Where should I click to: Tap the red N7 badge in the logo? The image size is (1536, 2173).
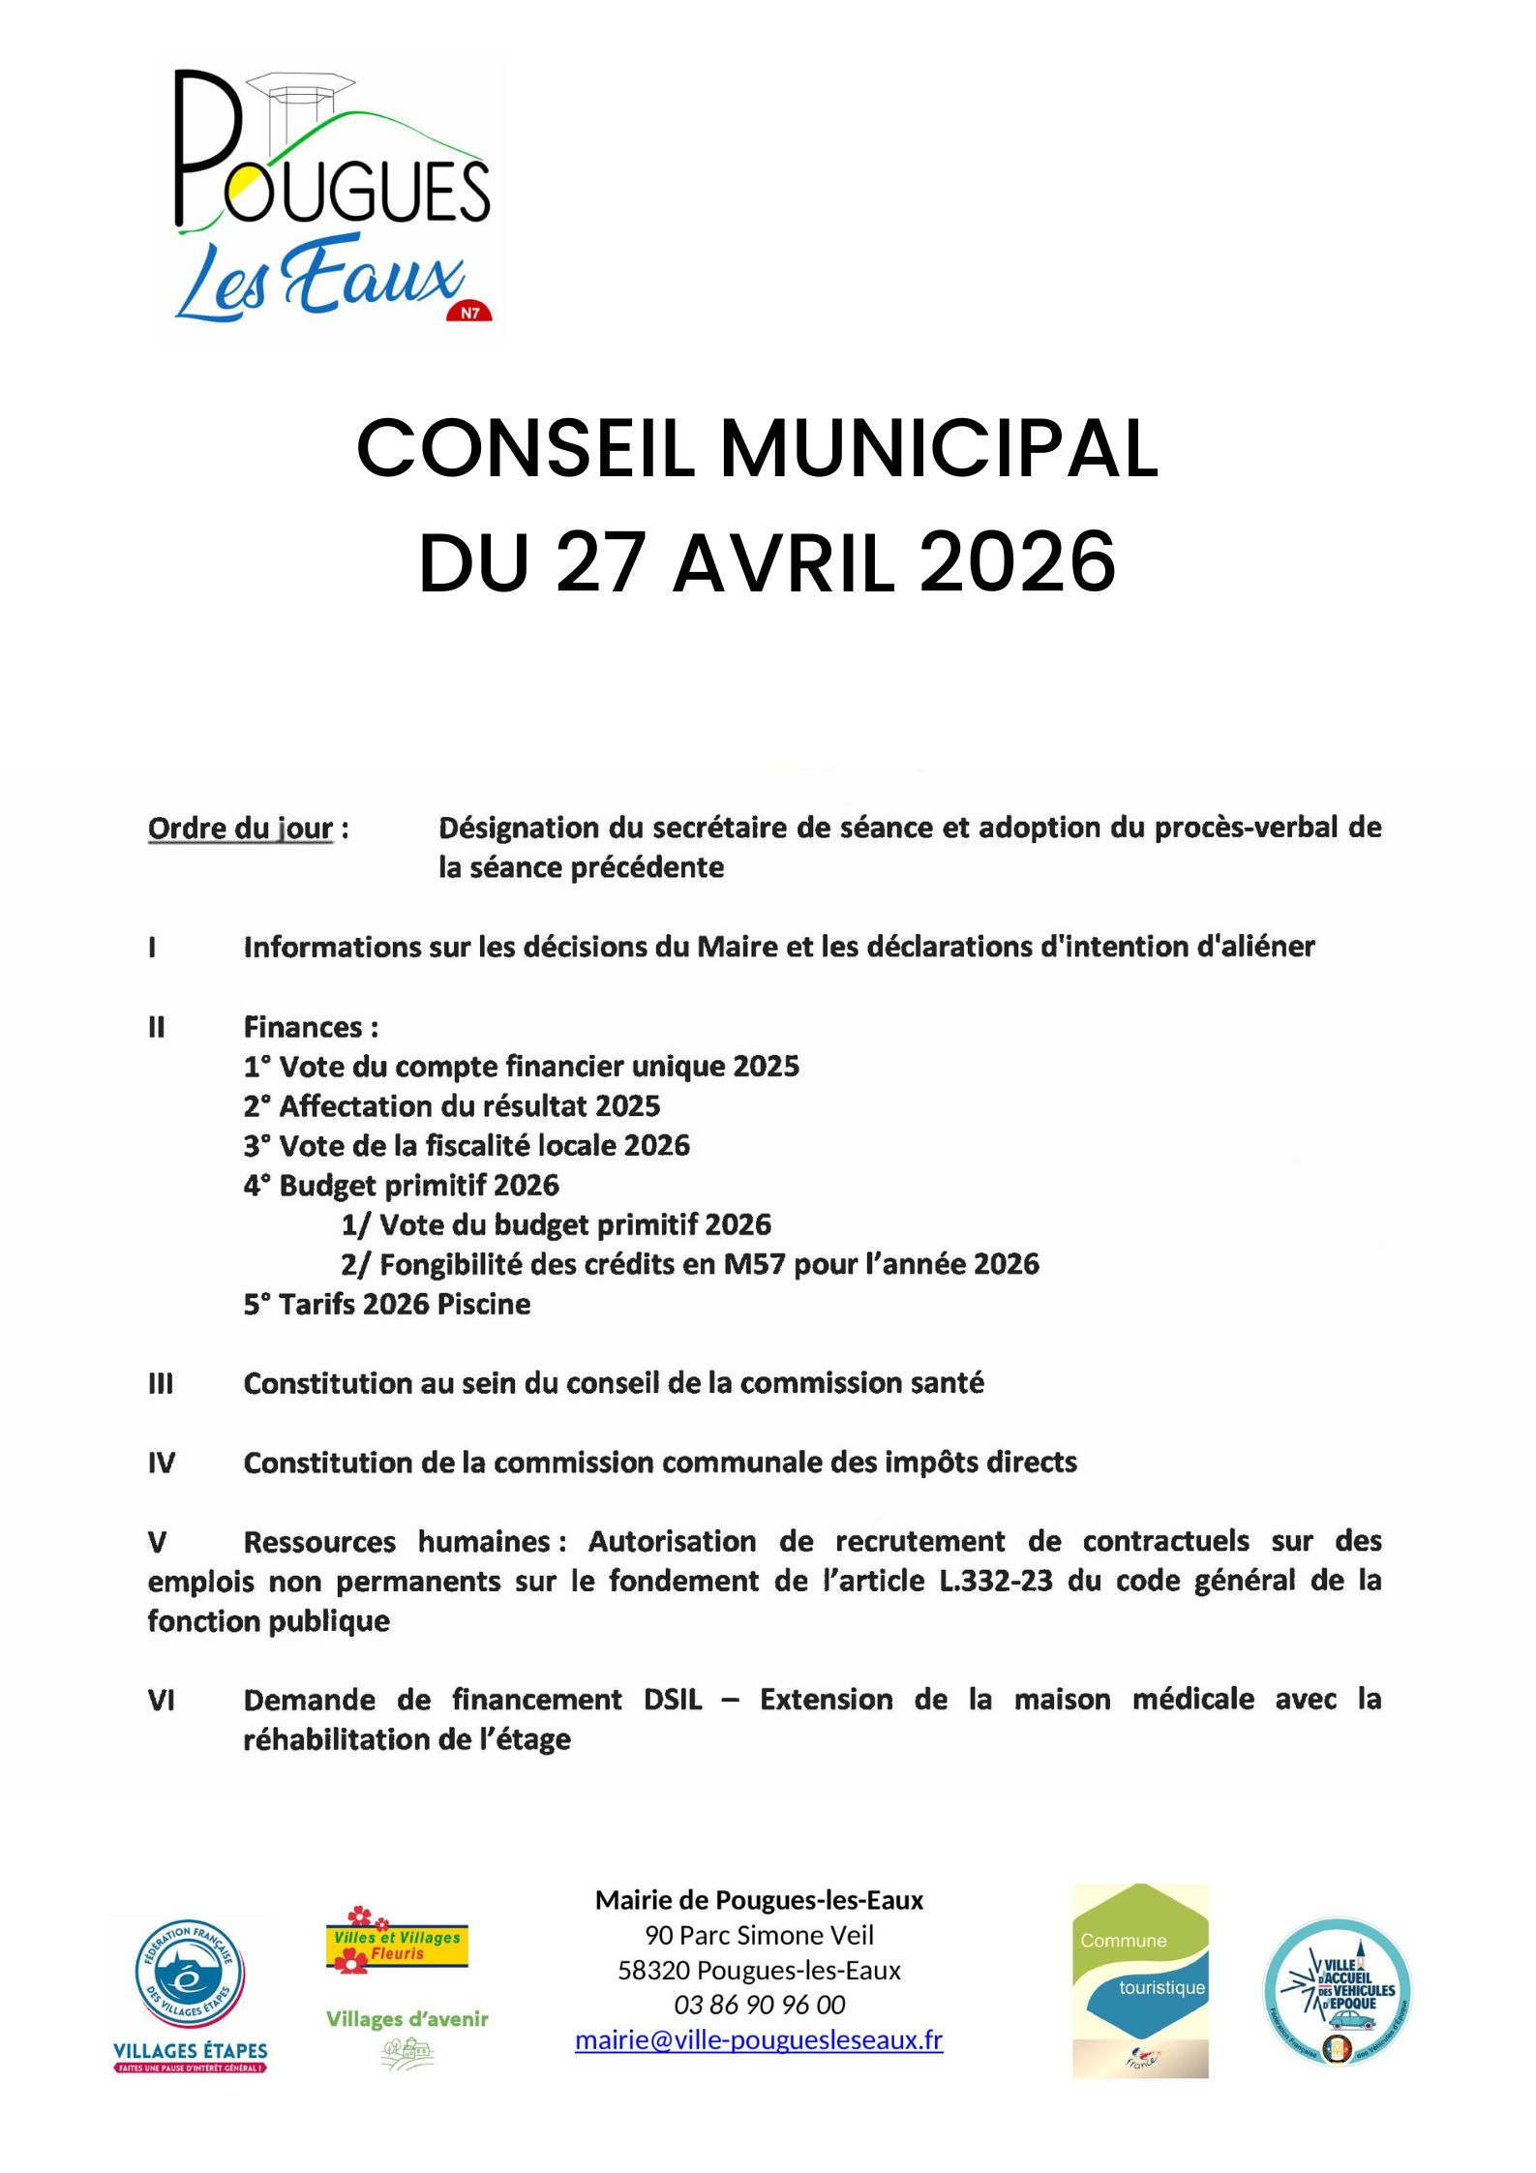pyautogui.click(x=469, y=310)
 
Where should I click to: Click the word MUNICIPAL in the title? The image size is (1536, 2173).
pyautogui.click(x=939, y=449)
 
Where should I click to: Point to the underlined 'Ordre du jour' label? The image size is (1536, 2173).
pyautogui.click(x=240, y=829)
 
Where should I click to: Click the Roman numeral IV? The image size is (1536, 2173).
pyautogui.click(x=161, y=1463)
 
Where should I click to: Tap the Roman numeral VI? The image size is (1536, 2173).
pyautogui.click(x=161, y=1700)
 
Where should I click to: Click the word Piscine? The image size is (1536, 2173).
pyautogui.click(x=484, y=1305)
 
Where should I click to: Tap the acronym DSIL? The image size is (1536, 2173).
pyautogui.click(x=673, y=1700)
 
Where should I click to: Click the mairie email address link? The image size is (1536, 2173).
pyautogui.click(x=759, y=2039)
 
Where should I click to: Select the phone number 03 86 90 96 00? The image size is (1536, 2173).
pyautogui.click(x=759, y=2004)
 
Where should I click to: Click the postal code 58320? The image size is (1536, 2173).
pyautogui.click(x=653, y=1970)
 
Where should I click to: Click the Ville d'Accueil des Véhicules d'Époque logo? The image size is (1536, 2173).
pyautogui.click(x=1338, y=1991)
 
